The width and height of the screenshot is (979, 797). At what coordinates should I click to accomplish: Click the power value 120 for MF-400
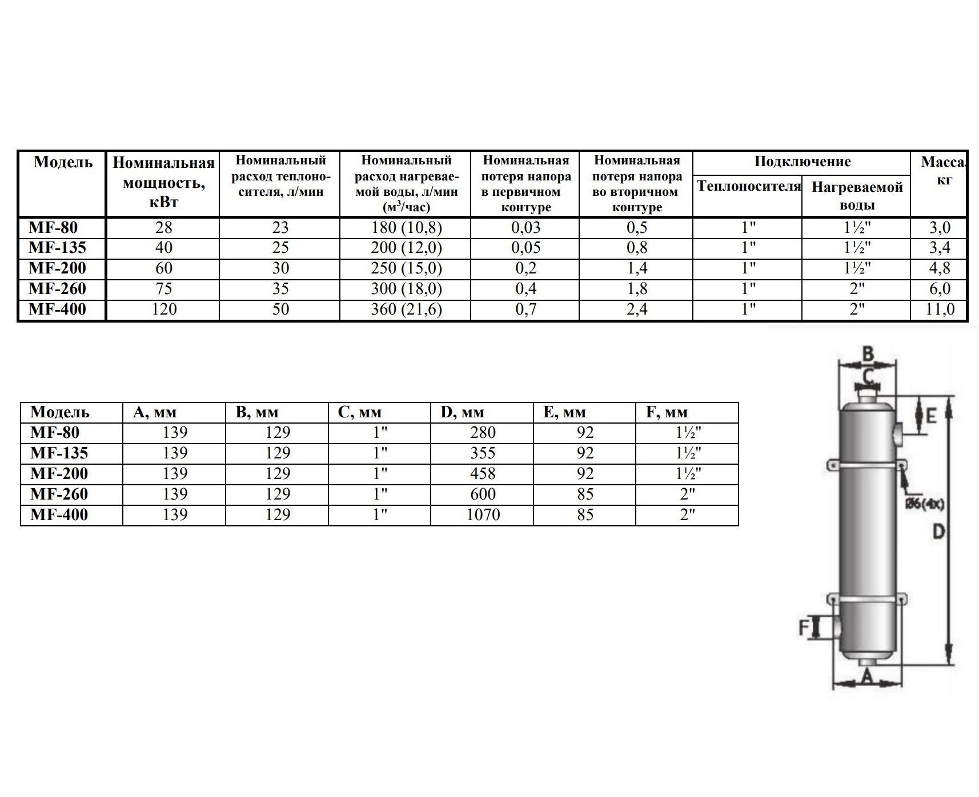(163, 309)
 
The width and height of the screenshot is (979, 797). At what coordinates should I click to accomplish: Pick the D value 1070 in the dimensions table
(483, 515)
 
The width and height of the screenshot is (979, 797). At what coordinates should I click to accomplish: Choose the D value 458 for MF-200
(483, 474)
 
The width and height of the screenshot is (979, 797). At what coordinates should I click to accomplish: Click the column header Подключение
(802, 162)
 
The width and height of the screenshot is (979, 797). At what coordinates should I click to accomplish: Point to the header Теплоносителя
(748, 187)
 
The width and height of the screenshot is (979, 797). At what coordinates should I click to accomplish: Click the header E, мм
(564, 412)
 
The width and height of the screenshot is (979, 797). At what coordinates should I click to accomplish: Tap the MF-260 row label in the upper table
(58, 289)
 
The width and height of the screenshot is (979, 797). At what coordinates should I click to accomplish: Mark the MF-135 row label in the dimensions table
(59, 453)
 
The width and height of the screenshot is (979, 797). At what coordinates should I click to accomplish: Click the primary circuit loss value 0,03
(525, 228)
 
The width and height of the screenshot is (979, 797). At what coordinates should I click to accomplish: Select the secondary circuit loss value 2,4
(637, 309)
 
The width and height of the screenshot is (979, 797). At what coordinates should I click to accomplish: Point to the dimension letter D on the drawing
(938, 532)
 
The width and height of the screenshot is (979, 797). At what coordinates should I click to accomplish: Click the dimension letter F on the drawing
(804, 628)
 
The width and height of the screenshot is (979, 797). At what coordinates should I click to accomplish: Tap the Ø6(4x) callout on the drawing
(925, 504)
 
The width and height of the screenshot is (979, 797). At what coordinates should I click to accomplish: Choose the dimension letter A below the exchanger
(867, 677)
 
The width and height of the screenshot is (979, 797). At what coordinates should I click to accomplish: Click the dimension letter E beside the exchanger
(930, 416)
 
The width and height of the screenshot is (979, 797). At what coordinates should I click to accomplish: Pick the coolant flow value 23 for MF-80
(280, 228)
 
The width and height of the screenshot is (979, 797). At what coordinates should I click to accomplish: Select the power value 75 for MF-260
(163, 289)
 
